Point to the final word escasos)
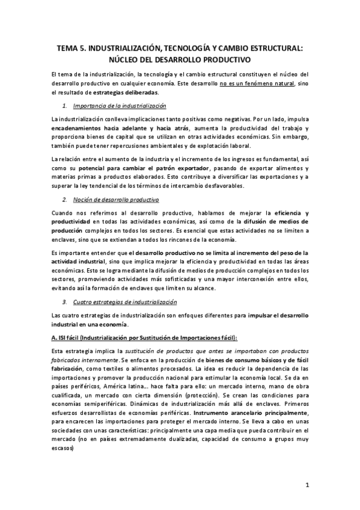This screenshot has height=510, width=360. tap(64, 447)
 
